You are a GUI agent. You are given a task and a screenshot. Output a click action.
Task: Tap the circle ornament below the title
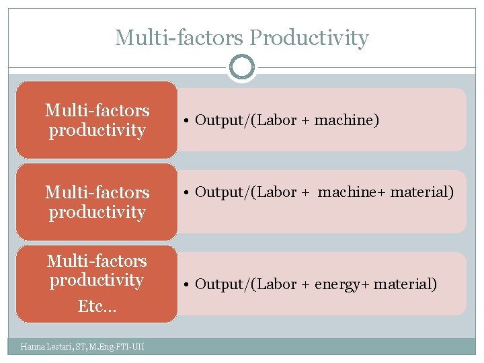point(241,67)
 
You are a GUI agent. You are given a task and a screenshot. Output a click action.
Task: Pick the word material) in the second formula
point(422,192)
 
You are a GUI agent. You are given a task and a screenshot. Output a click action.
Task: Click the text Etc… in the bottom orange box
point(97,307)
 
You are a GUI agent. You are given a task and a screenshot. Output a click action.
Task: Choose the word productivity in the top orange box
point(97,130)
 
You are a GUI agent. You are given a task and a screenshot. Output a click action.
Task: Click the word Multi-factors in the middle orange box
point(97,192)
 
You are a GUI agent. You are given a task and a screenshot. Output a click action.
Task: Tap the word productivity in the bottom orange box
point(97,280)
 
